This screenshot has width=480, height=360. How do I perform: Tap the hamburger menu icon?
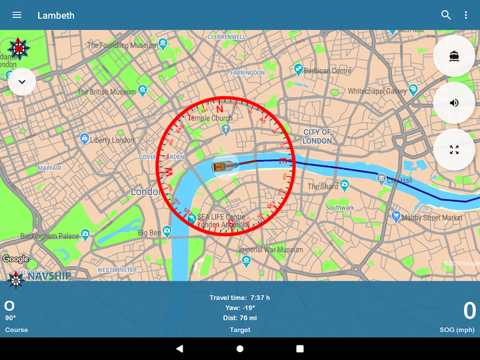[x=17, y=15]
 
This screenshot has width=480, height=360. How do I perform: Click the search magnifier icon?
[x=446, y=15]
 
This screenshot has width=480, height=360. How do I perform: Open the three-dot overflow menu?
[x=466, y=15]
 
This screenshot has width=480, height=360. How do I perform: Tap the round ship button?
[x=454, y=56]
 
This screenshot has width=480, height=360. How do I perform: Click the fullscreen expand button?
[x=454, y=149]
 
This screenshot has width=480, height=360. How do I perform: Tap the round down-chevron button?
[x=22, y=81]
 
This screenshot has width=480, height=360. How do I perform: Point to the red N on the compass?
[x=219, y=109]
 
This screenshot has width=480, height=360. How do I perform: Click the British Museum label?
[x=106, y=92]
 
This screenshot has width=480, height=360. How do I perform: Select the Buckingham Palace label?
[x=49, y=236]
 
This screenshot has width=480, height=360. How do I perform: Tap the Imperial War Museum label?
[x=271, y=250]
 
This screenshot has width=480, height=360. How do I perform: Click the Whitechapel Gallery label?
[x=377, y=91]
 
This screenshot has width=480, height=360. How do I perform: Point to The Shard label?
[x=323, y=187]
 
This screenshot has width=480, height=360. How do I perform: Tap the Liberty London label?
[x=111, y=140]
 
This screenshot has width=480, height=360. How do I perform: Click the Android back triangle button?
[x=179, y=348]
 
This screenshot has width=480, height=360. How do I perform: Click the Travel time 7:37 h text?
[x=240, y=297]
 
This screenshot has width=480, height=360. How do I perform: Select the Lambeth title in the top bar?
[x=56, y=15]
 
